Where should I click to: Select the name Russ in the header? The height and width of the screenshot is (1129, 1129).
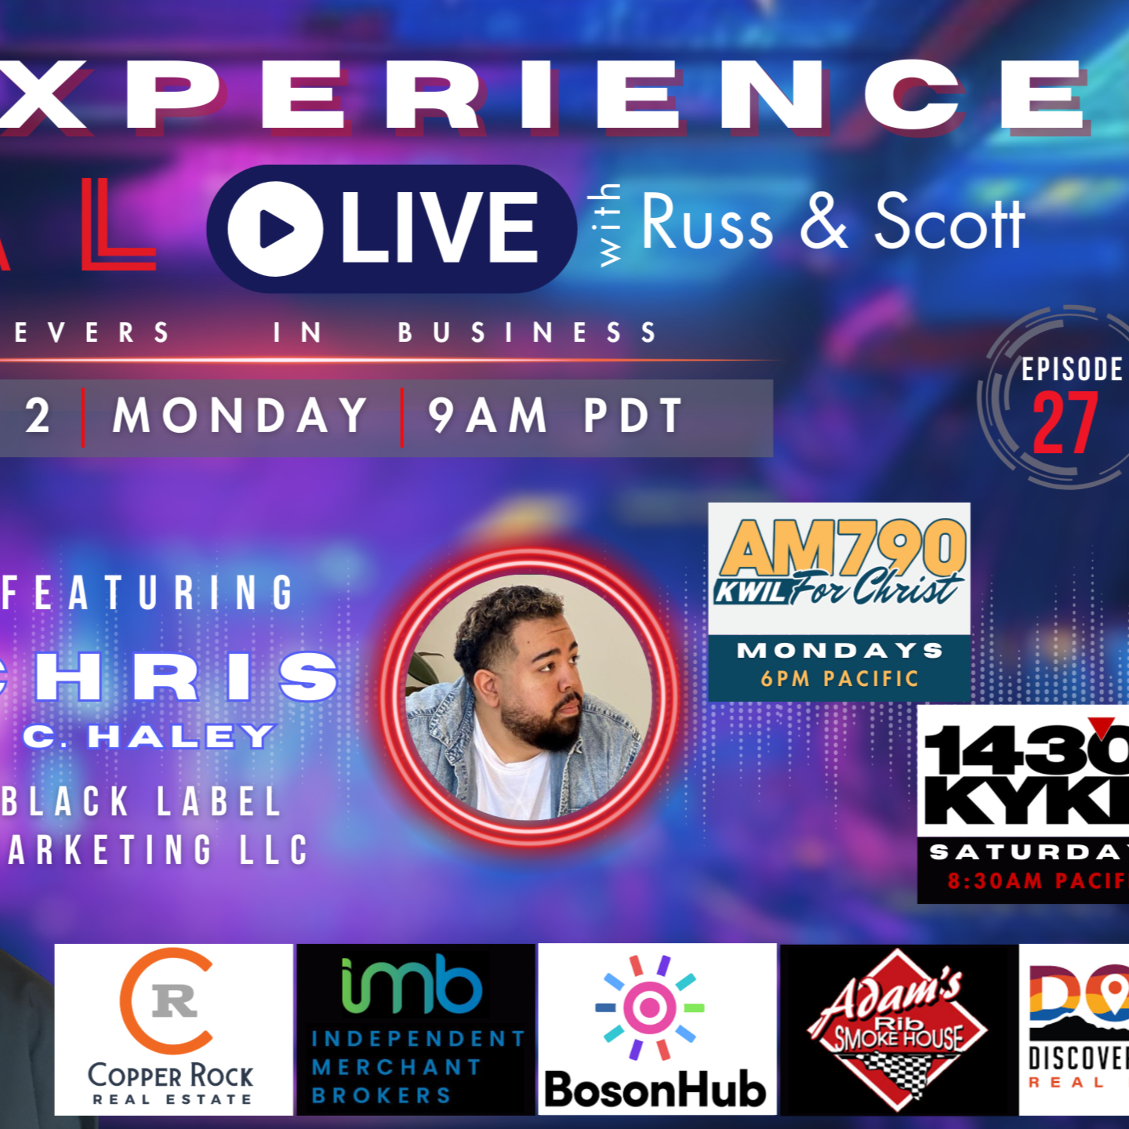[x=707, y=222]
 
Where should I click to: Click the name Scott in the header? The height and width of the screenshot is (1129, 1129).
[x=949, y=222]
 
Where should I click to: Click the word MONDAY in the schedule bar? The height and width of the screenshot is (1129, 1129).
[x=240, y=416]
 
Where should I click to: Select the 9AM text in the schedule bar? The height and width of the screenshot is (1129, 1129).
[x=488, y=416]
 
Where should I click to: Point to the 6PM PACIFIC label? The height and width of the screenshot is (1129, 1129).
[x=840, y=679]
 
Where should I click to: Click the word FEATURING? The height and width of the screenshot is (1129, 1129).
[x=149, y=593]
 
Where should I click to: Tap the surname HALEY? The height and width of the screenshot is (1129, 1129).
[x=181, y=737]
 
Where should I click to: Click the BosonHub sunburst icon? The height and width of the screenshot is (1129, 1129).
[x=650, y=1007]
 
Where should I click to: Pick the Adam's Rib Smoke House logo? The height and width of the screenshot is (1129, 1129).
[x=898, y=1029]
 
